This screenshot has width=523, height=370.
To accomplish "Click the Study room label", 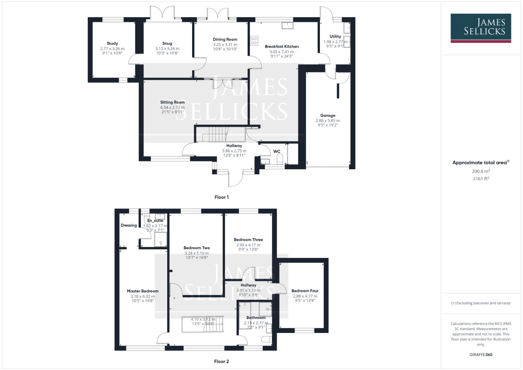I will click(x=112, y=44).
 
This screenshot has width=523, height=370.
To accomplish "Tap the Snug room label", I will click(x=167, y=44).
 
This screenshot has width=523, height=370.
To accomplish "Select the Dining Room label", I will click(x=225, y=39).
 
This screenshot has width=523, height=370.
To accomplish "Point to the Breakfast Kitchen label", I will click(x=282, y=47).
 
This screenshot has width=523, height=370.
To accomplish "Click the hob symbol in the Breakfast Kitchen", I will click(x=254, y=41).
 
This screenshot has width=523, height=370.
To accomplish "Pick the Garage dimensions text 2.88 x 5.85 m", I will click(x=328, y=121).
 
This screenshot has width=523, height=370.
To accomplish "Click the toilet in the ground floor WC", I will click(x=279, y=159).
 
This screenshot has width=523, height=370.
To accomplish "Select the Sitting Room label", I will click(x=173, y=102).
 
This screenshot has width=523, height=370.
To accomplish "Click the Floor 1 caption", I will click(x=222, y=197).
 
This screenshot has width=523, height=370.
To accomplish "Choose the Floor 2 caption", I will click(x=222, y=361).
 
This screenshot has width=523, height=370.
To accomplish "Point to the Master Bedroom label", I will click(x=143, y=291).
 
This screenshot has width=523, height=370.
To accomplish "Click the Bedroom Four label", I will click(x=305, y=291).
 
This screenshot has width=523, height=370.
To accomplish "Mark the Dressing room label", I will click(x=129, y=225).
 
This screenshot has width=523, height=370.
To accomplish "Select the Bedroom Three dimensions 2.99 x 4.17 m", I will click(x=248, y=245).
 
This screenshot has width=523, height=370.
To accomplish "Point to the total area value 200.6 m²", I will click(x=481, y=171).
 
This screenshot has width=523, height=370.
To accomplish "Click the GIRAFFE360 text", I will click(x=481, y=355).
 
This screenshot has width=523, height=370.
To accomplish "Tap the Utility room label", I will click(x=335, y=37).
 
